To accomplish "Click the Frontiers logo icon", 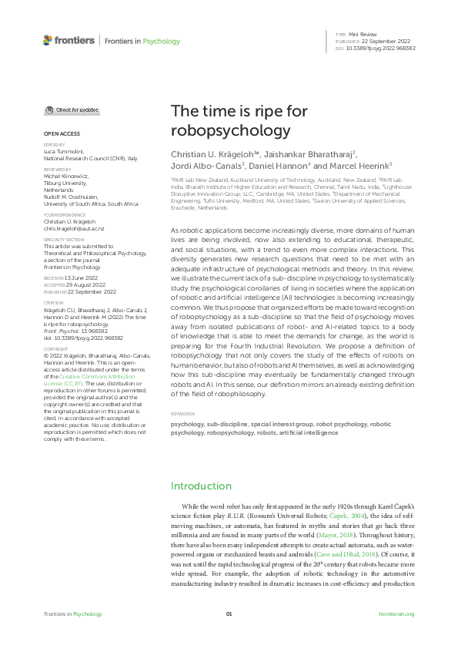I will pyautogui.click(x=48, y=39).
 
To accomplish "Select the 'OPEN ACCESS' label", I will pyautogui.click(x=59, y=133).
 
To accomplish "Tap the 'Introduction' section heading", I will pyautogui.click(x=201, y=486).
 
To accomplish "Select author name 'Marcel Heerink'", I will pyautogui.click(x=361, y=165).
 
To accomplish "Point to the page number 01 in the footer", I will pyautogui.click(x=229, y=614).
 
